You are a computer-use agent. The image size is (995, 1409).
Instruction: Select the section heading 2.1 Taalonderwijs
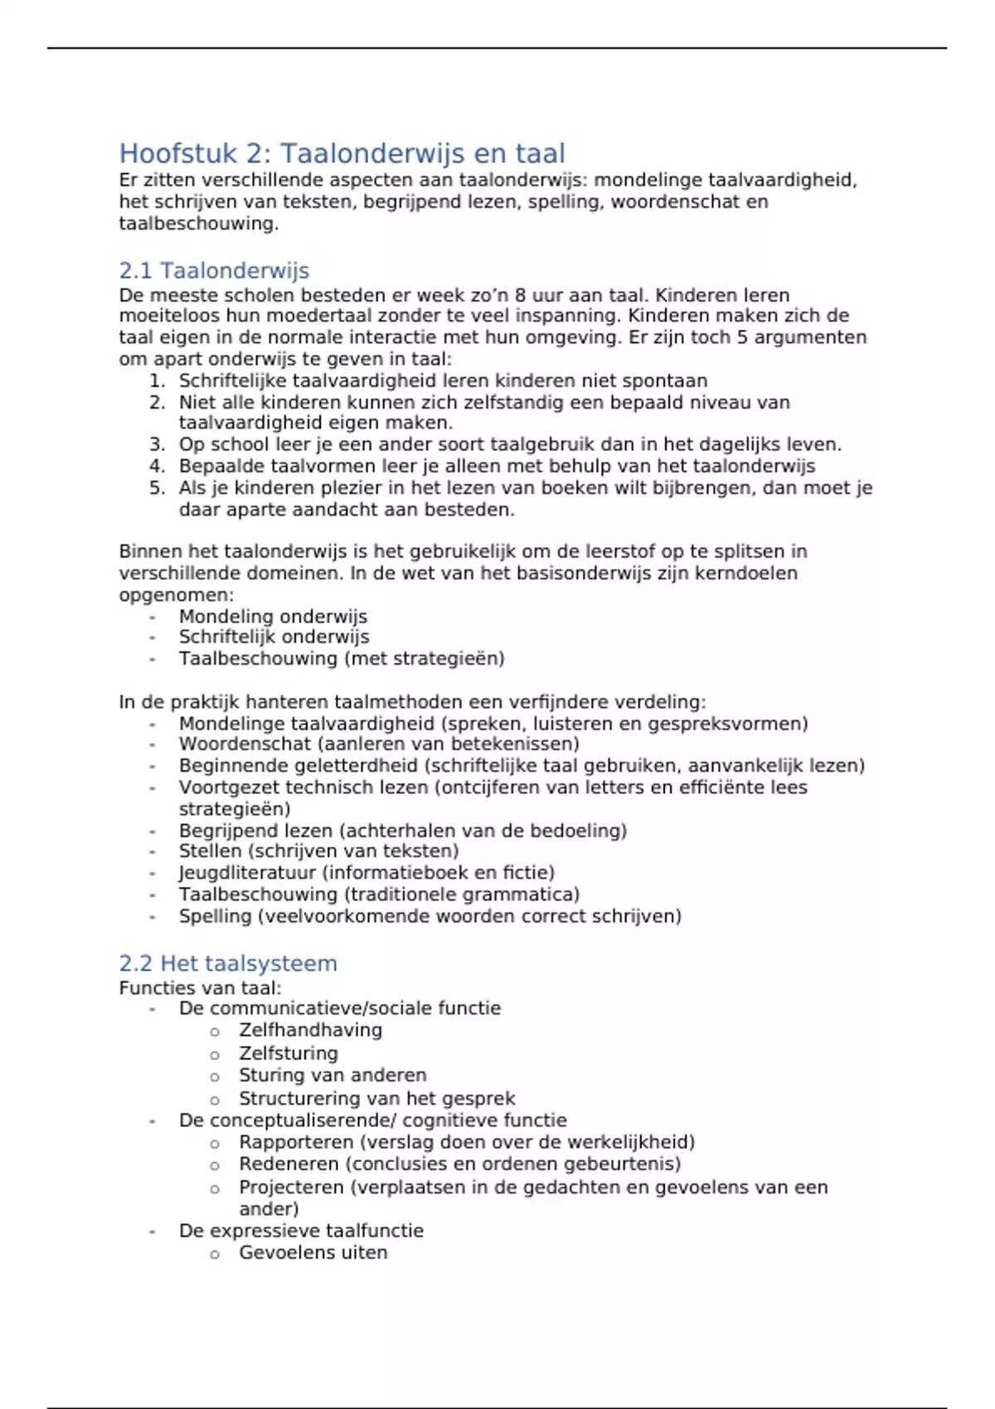[x=214, y=271]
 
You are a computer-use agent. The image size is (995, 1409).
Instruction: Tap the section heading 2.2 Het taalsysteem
[x=228, y=963]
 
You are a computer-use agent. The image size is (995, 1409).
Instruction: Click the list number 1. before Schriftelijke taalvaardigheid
[x=158, y=381]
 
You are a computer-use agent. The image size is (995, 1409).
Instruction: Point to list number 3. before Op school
[x=158, y=445]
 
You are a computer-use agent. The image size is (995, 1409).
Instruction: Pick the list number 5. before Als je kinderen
[x=158, y=488]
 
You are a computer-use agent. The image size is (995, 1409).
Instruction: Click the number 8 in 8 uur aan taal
[x=520, y=296]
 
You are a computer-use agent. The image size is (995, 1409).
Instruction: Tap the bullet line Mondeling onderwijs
[x=273, y=617]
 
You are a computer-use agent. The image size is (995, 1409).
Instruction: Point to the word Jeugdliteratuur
[x=247, y=873]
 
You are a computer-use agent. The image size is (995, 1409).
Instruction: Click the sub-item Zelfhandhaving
[x=310, y=1030]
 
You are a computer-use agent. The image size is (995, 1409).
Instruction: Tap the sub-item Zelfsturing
[x=288, y=1053]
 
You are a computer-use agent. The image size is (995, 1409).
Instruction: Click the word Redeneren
[x=289, y=1164]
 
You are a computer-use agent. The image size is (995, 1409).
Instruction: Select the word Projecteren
[x=291, y=1188]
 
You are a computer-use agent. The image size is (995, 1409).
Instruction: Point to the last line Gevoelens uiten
[x=313, y=1252]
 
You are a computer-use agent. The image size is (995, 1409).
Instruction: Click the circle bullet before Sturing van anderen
[x=215, y=1077]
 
